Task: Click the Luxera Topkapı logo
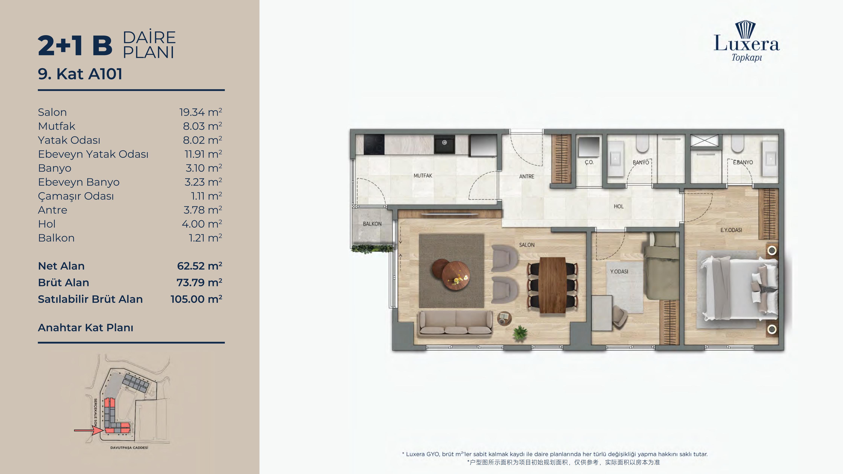[746, 41]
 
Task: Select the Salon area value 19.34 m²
[201, 112]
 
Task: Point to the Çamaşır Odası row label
[76, 196]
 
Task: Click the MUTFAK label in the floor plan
[423, 176]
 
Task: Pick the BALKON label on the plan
[372, 224]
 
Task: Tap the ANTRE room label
[526, 176]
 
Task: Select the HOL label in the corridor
[619, 206]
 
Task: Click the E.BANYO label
[743, 162]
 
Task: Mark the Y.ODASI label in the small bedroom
[619, 271]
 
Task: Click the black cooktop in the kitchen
[374, 144]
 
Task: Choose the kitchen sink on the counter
[444, 144]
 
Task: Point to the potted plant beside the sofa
[520, 333]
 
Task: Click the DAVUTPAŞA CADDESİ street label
[129, 447]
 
